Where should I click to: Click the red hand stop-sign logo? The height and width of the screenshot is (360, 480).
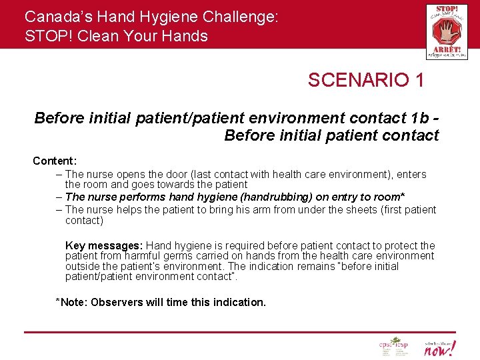447,31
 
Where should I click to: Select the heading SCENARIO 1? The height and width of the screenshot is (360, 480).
365,81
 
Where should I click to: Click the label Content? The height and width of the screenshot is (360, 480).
55,161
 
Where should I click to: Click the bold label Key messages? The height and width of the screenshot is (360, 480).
104,245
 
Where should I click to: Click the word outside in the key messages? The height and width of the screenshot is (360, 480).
82,266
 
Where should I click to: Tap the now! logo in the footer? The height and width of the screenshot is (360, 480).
440,347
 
